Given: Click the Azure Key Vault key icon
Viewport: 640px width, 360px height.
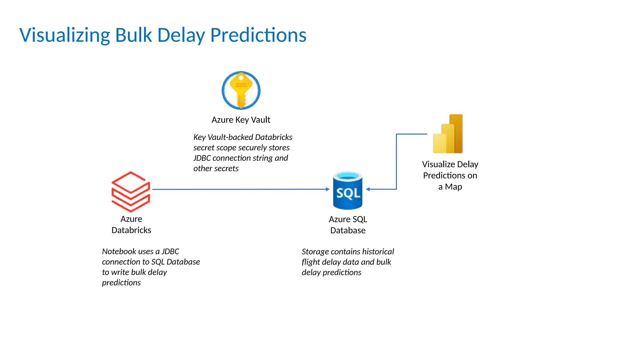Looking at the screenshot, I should click(241, 91).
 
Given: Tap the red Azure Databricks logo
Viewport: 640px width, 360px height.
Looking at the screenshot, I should click(131, 191).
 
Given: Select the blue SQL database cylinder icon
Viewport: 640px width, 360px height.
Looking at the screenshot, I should click(347, 190).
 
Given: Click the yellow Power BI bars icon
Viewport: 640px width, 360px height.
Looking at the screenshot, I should click(447, 134).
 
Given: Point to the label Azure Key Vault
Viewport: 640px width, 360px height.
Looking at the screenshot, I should click(241, 120).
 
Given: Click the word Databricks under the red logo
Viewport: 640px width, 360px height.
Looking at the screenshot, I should click(131, 230).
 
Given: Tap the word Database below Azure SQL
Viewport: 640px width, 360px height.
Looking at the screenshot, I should click(348, 231).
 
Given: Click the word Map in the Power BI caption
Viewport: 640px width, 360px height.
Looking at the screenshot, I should click(453, 187).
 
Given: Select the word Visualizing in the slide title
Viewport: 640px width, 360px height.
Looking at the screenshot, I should click(64, 35).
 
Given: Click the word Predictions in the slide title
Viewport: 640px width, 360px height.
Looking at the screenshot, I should click(258, 35).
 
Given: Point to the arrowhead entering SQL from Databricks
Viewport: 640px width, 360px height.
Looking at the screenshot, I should click(327, 189).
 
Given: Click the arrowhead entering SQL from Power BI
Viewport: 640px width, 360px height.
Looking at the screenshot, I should click(368, 189).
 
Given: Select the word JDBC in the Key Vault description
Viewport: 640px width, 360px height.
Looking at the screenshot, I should click(202, 158).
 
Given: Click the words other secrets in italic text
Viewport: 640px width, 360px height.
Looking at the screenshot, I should click(216, 169).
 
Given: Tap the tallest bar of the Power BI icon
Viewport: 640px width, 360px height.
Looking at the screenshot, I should click(456, 133).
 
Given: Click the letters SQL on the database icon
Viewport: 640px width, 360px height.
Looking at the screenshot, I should click(348, 193).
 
